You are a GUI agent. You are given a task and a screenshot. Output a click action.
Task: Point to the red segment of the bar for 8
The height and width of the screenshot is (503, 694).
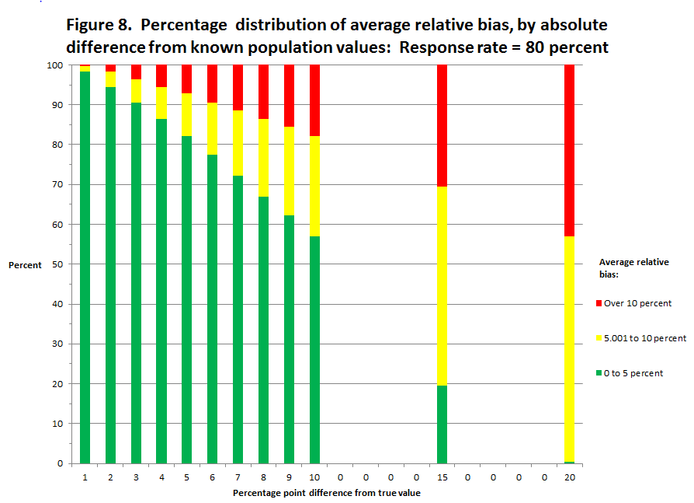click(x=263, y=92)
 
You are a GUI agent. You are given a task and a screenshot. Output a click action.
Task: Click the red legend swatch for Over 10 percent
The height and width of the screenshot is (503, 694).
click(x=599, y=303)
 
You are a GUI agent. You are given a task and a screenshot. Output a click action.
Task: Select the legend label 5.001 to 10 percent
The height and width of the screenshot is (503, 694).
click(x=645, y=338)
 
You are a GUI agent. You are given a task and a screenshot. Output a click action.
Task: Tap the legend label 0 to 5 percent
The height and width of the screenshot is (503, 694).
click(x=633, y=373)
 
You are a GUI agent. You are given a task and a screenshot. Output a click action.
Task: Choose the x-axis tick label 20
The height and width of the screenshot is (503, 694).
click(x=570, y=476)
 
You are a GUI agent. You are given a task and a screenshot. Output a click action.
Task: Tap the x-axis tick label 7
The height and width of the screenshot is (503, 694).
click(x=238, y=476)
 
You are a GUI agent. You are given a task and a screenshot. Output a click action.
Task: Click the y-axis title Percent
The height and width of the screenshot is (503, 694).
click(x=25, y=265)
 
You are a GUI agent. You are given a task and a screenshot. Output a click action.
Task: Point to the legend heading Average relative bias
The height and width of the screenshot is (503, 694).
click(x=634, y=268)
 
